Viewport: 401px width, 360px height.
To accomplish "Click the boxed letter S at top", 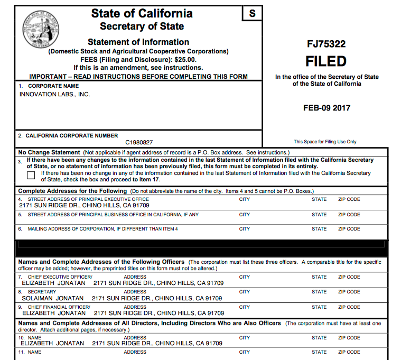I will pyautogui.click(x=252, y=13).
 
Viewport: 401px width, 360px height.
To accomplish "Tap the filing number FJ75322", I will pyautogui.click(x=327, y=44).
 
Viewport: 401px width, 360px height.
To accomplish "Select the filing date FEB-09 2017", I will pyautogui.click(x=327, y=108).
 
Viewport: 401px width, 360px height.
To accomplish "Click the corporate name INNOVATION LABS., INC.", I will pyautogui.click(x=54, y=94).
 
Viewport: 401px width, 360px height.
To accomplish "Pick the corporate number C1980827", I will pyautogui.click(x=139, y=142).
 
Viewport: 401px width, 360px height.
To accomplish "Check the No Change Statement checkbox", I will pyautogui.click(x=31, y=175).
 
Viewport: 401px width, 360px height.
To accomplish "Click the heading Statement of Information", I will pyautogui.click(x=138, y=42).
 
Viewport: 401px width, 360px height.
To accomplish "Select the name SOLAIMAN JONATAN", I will pyautogui.click(x=52, y=298).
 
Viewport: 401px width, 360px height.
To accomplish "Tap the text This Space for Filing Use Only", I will pyautogui.click(x=325, y=142).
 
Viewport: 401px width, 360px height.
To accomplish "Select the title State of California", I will pyautogui.click(x=142, y=14).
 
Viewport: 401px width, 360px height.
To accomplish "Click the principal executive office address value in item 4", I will pyautogui.click(x=84, y=205).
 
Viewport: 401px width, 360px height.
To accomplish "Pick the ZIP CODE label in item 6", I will pyautogui.click(x=349, y=229).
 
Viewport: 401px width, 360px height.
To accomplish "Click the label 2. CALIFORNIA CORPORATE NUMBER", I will pyautogui.click(x=68, y=135).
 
